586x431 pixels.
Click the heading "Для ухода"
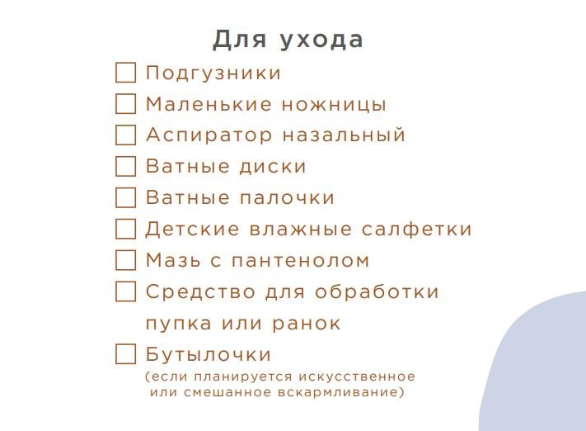tap(288, 40)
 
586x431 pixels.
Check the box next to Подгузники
tap(125, 73)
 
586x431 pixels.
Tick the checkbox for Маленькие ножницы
tap(125, 104)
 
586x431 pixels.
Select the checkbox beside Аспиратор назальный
tap(125, 135)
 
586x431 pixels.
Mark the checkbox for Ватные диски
tap(125, 166)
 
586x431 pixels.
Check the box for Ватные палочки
tap(125, 197)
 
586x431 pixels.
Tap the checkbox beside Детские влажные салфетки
tap(125, 229)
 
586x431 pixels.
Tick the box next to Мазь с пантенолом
tap(125, 260)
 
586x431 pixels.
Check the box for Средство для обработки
tap(125, 291)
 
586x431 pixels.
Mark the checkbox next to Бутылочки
tap(125, 354)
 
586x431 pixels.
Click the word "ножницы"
tap(335, 105)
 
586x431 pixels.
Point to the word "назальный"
tap(344, 135)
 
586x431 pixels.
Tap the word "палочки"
tap(287, 198)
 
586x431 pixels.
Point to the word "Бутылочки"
tap(209, 355)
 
